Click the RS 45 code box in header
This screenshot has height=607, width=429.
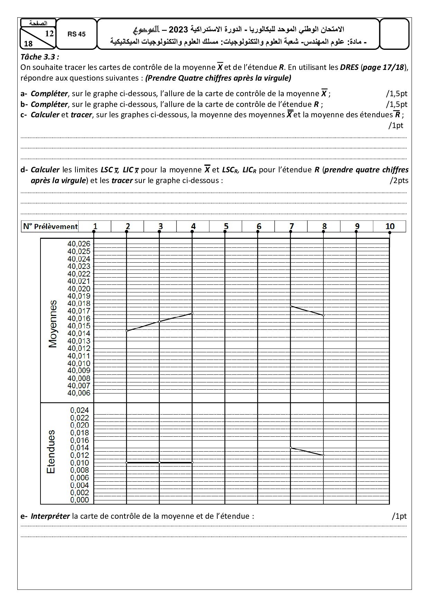click(76, 34)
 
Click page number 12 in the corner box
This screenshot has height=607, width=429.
click(49, 34)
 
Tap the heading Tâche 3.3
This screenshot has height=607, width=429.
click(40, 57)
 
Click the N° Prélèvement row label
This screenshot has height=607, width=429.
click(50, 227)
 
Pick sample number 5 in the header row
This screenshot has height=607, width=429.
click(226, 226)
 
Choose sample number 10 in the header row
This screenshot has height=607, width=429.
click(390, 226)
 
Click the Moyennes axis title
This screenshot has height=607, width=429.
click(53, 324)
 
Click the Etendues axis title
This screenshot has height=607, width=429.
click(51, 452)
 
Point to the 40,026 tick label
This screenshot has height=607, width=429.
click(79, 244)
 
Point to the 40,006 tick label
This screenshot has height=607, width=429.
click(79, 393)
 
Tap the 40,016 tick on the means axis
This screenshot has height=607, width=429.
click(79, 318)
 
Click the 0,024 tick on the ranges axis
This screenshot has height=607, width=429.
click(80, 410)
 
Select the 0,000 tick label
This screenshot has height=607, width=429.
click(80, 500)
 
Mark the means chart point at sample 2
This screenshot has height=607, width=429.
click(127, 331)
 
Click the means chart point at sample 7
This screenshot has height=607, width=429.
click(291, 306)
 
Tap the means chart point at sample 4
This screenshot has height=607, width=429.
click(192, 313)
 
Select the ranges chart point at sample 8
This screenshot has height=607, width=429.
click(323, 455)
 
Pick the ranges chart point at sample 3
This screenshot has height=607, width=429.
click(159, 462)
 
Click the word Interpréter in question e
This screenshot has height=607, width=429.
click(50, 516)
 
